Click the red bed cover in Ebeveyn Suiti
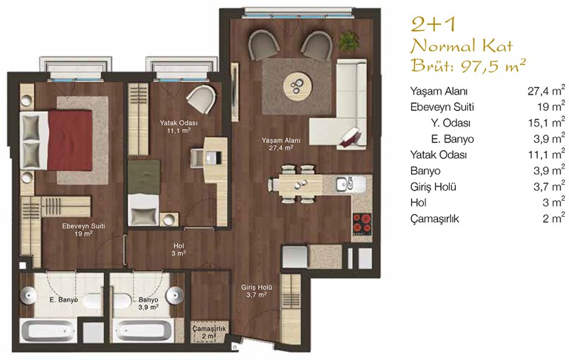[70, 140]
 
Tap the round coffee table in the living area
[297, 86]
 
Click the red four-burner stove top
[362, 223]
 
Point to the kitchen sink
[345, 184]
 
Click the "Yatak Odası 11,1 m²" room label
[179, 127]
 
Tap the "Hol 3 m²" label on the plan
[179, 249]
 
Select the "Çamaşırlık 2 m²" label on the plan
[209, 332]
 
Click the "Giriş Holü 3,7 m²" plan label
[257, 291]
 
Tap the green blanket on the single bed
[144, 177]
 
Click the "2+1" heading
[433, 24]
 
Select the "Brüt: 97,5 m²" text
[468, 65]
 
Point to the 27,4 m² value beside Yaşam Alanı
[546, 90]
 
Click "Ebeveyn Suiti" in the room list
[442, 107]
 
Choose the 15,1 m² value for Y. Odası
[546, 122]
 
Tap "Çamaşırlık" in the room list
[435, 219]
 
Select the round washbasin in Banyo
[176, 294]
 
